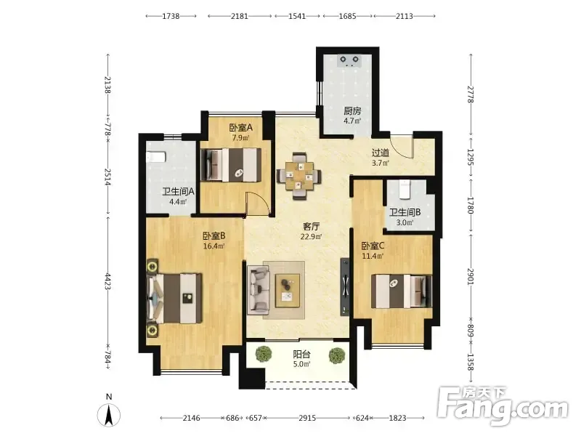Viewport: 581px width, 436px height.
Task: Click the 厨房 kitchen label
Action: (352, 110)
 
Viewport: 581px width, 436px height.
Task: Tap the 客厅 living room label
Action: (311, 226)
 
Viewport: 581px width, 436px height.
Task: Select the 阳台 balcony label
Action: (301, 354)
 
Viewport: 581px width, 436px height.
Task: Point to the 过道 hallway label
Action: (380, 153)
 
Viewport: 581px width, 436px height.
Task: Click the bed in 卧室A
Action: (230, 165)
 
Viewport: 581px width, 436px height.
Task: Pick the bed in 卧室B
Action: (174, 299)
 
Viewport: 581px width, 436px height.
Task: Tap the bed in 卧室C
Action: (402, 291)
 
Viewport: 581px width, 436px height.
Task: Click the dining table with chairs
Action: (299, 176)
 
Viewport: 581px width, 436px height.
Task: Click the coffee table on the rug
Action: (288, 291)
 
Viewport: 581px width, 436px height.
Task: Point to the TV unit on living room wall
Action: (345, 287)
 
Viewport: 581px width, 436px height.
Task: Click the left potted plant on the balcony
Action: (264, 354)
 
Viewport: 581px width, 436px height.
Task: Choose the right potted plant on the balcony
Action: (337, 355)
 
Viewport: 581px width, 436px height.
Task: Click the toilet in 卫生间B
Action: (404, 188)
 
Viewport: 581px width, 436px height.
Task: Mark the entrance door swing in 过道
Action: (402, 147)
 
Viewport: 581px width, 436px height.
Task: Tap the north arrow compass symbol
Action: (108, 415)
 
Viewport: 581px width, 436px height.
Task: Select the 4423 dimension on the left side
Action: (107, 282)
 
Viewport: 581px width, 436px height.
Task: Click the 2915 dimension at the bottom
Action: (307, 419)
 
